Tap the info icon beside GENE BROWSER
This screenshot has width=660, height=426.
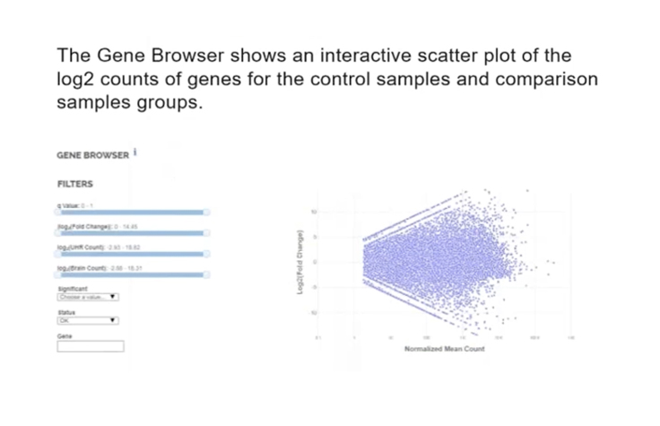click(x=135, y=152)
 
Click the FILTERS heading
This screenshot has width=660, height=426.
click(x=74, y=185)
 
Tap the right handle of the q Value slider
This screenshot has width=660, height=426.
click(x=207, y=213)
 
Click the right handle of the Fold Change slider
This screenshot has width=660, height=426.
click(x=207, y=234)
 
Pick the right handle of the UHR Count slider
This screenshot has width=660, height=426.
click(x=207, y=255)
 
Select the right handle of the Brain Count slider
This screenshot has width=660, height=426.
click(x=207, y=275)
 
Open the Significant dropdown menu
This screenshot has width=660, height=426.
click(x=88, y=297)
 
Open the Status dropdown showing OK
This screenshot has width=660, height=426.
click(x=88, y=319)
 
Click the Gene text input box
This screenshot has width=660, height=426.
click(x=91, y=346)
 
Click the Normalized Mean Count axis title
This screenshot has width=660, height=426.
click(x=444, y=349)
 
